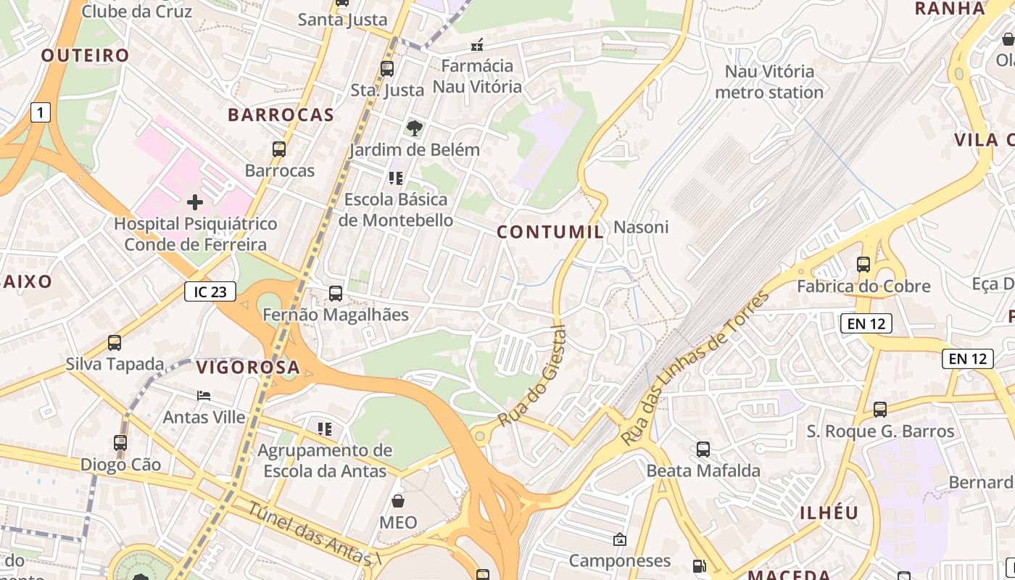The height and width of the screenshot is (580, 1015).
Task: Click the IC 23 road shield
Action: (x=210, y=292)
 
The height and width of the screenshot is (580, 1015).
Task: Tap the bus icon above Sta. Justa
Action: (x=387, y=69)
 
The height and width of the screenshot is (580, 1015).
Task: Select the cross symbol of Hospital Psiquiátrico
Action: (x=195, y=202)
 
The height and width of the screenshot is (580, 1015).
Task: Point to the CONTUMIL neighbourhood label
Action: (x=550, y=232)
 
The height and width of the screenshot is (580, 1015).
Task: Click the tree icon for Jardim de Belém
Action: (x=414, y=128)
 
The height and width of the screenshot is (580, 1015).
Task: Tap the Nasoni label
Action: (x=641, y=227)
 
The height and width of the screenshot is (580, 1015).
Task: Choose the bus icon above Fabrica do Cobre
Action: (x=863, y=265)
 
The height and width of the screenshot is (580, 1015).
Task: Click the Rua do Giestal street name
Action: (x=532, y=376)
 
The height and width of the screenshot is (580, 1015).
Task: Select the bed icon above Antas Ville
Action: (x=204, y=396)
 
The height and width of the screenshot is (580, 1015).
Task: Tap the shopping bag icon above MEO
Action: (x=398, y=500)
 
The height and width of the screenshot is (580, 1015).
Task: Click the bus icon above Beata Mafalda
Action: (x=703, y=449)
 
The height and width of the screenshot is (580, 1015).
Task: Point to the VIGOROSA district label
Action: (x=248, y=368)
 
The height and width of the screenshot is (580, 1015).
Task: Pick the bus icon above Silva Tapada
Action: (x=115, y=342)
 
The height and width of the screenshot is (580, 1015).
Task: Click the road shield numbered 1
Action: (x=40, y=112)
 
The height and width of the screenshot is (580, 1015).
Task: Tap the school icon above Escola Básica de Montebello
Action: (x=395, y=178)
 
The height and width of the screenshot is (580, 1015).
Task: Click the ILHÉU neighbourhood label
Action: (x=829, y=513)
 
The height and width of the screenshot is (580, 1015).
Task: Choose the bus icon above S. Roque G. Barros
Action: (x=880, y=410)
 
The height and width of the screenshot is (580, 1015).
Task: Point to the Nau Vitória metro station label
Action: (x=769, y=82)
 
